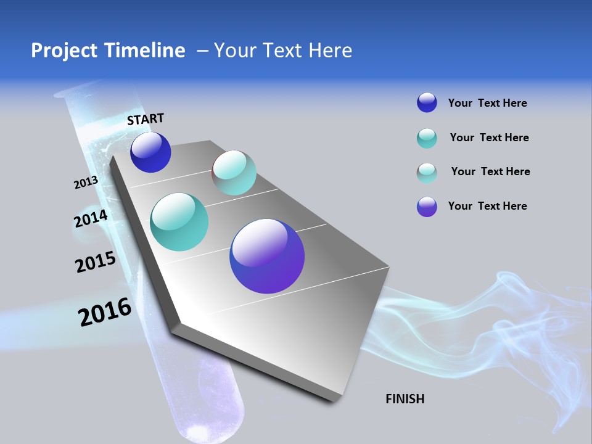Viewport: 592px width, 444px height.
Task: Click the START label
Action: tap(146, 119)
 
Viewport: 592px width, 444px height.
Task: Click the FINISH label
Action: tap(405, 399)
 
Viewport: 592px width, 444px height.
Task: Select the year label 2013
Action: tap(86, 183)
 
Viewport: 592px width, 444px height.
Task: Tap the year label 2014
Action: tap(91, 218)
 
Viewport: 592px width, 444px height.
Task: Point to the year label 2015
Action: tap(96, 262)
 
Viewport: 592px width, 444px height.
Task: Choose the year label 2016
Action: tap(105, 312)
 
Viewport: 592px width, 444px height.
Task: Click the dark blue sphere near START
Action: tap(150, 152)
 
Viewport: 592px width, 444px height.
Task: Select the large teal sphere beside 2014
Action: tap(179, 222)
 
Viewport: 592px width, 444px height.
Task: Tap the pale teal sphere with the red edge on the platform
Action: tap(234, 173)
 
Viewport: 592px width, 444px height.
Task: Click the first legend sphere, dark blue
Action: tap(427, 103)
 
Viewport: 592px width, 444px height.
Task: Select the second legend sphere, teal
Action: tap(427, 138)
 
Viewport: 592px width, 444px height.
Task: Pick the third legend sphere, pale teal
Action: tap(427, 172)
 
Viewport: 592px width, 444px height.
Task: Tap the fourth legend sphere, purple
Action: tap(427, 207)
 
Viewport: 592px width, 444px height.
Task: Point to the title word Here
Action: tap(330, 51)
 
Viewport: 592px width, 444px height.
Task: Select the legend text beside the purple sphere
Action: tap(487, 206)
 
